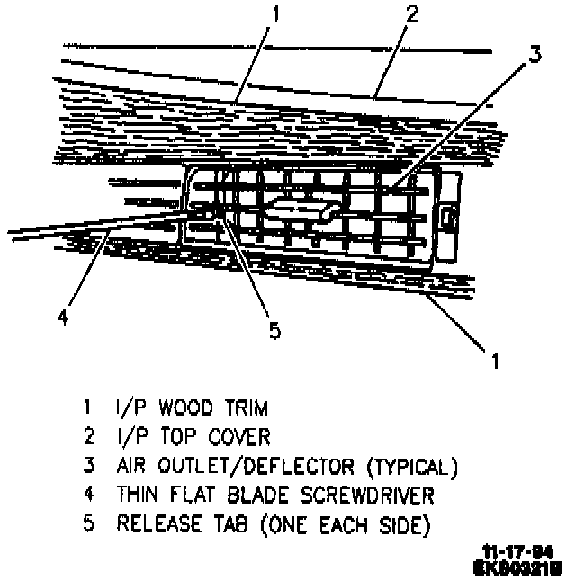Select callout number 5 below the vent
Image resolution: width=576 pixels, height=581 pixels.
tap(274, 329)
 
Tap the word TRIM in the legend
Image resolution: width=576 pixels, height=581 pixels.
tap(246, 408)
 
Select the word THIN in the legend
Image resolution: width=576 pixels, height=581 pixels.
tap(137, 495)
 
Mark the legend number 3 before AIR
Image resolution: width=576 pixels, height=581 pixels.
tap(88, 466)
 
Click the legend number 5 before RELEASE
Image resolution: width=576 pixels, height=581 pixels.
tap(88, 524)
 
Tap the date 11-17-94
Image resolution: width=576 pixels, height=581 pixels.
tap(521, 552)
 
